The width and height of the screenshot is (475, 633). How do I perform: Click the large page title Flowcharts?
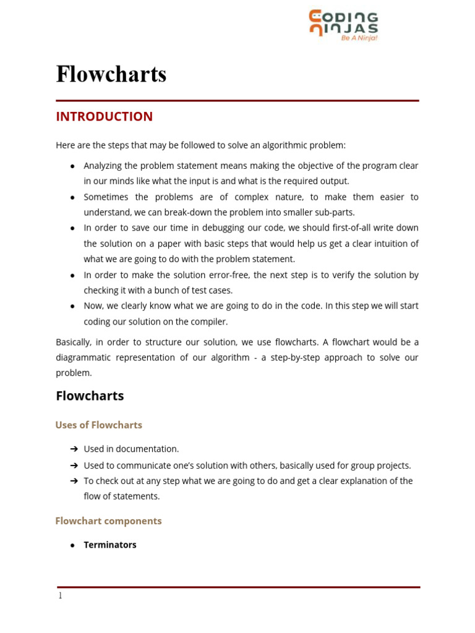click(x=111, y=74)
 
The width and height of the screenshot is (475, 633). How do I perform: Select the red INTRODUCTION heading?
click(x=104, y=117)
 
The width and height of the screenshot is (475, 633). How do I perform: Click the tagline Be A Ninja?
click(x=359, y=38)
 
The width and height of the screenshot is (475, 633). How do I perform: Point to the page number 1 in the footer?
click(x=60, y=596)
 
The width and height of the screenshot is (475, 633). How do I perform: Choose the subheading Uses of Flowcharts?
click(x=99, y=425)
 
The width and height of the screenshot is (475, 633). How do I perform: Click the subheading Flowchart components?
click(x=108, y=521)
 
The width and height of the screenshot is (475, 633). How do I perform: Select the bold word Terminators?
click(x=110, y=545)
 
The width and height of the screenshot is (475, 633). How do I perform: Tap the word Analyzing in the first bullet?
click(x=103, y=166)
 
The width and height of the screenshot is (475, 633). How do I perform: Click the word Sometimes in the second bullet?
click(x=106, y=197)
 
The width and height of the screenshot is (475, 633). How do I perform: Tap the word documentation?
click(x=151, y=449)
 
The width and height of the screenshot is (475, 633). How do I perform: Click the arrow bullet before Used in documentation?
click(x=74, y=449)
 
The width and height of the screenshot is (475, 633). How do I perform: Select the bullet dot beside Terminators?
click(x=72, y=545)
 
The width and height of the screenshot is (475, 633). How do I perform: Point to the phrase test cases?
click(x=211, y=291)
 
